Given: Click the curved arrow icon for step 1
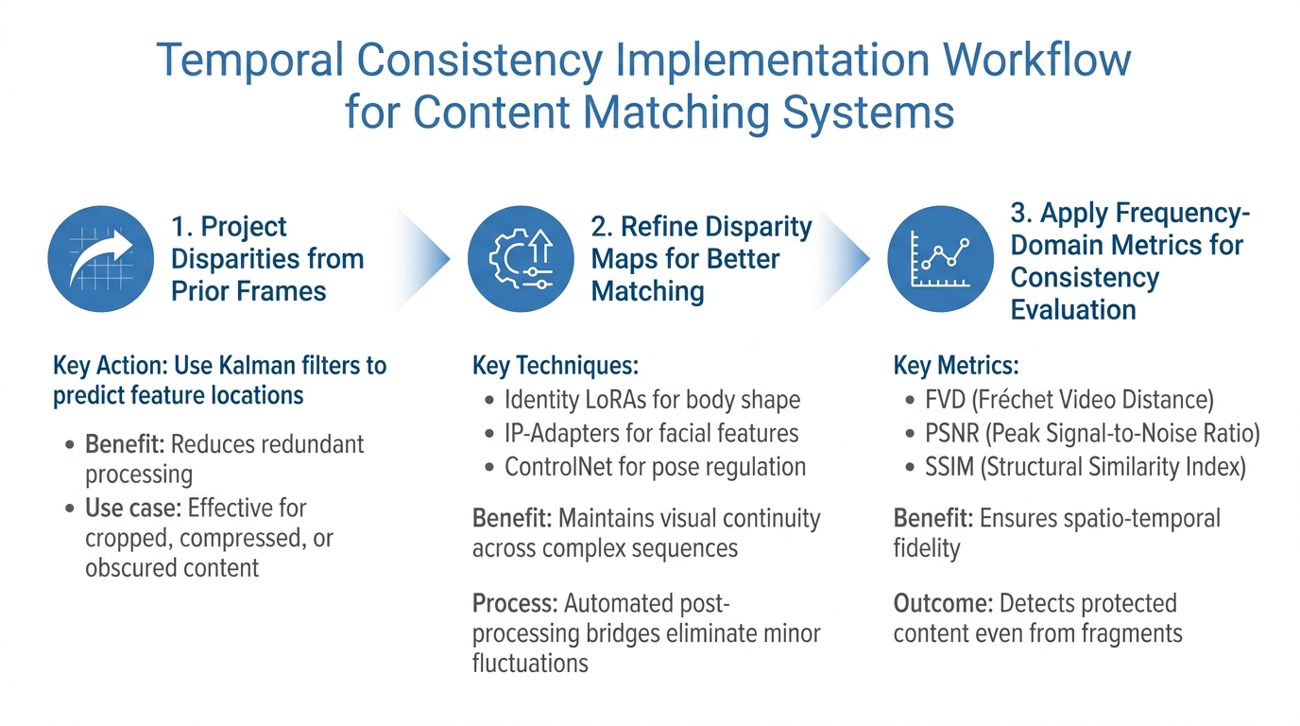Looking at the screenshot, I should tap(100, 259).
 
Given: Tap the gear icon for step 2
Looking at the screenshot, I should tap(521, 259).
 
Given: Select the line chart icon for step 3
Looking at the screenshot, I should tap(939, 259).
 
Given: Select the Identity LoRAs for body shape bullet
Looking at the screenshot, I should tap(652, 400).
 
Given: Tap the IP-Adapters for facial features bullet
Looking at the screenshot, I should tap(651, 433).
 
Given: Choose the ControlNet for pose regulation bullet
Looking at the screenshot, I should tap(655, 466).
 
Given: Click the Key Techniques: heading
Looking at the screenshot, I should tap(556, 366).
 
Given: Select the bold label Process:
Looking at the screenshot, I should tap(513, 603).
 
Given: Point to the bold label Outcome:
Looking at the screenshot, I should tap(941, 603).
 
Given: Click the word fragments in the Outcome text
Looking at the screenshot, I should tap(1128, 633).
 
